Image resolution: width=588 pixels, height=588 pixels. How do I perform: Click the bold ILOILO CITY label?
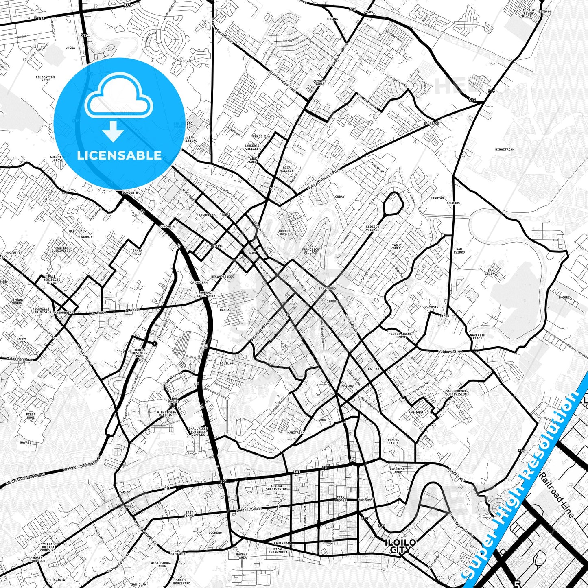point(400,546)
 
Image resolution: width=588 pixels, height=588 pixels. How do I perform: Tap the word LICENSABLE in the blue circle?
point(119,155)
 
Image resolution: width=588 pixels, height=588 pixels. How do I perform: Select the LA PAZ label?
point(373,369)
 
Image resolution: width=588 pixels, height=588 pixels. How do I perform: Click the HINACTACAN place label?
point(505,149)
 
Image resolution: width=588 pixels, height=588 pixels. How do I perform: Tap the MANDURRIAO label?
point(64,313)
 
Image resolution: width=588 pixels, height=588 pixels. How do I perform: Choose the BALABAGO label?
point(431,123)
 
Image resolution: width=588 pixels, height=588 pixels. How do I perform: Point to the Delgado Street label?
point(250,509)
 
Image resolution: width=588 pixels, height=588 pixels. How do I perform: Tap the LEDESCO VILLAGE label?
point(372,228)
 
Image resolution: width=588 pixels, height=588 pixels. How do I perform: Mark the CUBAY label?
point(339,197)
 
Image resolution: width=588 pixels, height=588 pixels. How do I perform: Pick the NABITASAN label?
point(295,433)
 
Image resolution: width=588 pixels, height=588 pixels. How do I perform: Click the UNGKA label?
point(70,48)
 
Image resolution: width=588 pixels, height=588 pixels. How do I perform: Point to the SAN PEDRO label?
point(328,289)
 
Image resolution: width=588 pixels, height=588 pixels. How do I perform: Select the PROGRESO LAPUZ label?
point(397,471)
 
